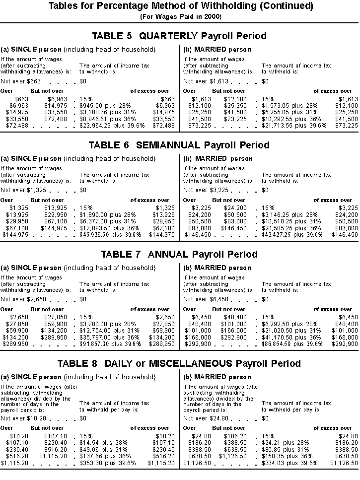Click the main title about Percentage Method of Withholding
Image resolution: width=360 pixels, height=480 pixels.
[181, 6]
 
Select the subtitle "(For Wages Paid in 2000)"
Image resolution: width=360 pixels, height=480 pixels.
[181, 16]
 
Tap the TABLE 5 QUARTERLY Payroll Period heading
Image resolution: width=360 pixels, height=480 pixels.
[179, 36]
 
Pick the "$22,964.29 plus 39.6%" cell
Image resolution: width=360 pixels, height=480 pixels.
[112, 125]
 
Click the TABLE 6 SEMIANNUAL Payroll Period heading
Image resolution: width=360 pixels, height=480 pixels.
[179, 145]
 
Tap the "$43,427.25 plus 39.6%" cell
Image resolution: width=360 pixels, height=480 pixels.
[294, 235]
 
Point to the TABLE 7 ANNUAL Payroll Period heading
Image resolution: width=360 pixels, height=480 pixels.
[179, 254]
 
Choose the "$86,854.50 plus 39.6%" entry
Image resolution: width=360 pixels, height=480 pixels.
[294, 343]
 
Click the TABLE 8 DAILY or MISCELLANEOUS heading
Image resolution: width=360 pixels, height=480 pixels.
[179, 363]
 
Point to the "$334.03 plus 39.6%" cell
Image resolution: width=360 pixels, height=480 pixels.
[289, 463]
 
